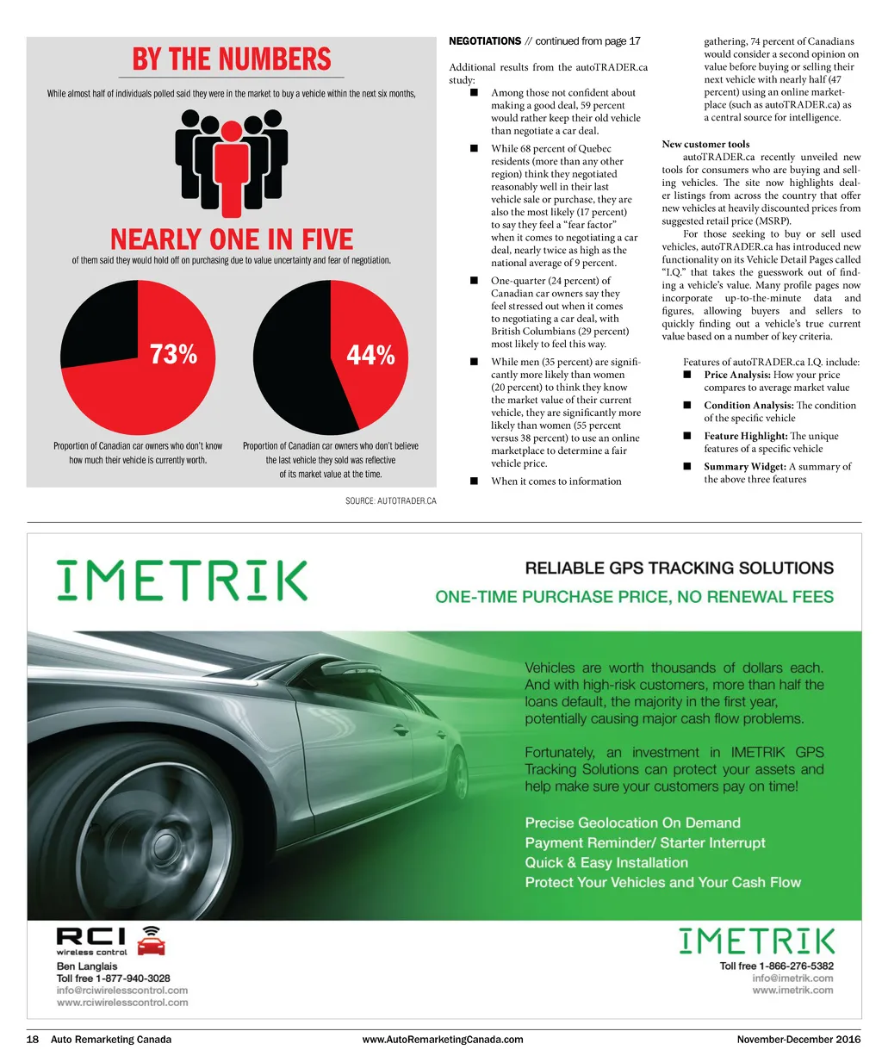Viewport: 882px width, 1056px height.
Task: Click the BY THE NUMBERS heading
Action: click(232, 59)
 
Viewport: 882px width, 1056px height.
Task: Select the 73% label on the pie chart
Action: click(173, 354)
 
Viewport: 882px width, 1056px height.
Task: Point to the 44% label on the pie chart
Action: click(370, 355)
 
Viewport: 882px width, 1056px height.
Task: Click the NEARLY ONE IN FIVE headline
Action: click(232, 239)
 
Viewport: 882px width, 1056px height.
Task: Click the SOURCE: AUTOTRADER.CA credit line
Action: click(391, 501)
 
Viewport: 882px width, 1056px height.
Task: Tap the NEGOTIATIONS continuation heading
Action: click(486, 41)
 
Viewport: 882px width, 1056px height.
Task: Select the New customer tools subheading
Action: click(705, 144)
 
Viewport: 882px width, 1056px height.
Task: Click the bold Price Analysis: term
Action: click(737, 375)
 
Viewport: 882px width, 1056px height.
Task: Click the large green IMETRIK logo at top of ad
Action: click(182, 581)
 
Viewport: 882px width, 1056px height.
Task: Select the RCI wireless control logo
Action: click(110, 941)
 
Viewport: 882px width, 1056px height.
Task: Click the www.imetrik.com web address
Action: click(792, 991)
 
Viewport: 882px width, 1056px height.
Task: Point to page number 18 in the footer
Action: click(33, 1040)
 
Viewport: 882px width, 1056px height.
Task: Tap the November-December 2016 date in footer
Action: click(798, 1040)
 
